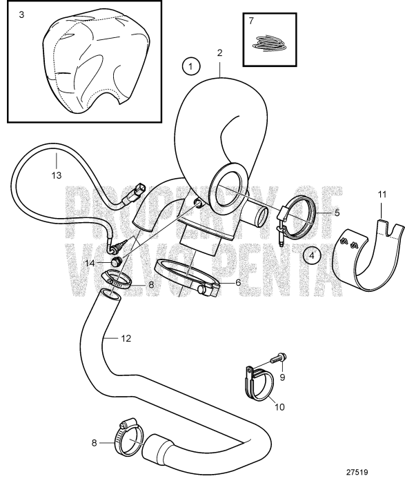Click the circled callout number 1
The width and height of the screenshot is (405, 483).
click(x=190, y=66)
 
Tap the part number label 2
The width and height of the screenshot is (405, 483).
click(x=219, y=52)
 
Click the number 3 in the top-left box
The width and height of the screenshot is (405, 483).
click(x=21, y=14)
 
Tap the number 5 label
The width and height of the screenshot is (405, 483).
click(x=337, y=212)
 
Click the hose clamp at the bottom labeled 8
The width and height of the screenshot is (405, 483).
click(x=127, y=435)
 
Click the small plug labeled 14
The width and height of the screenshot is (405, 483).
click(x=118, y=261)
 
